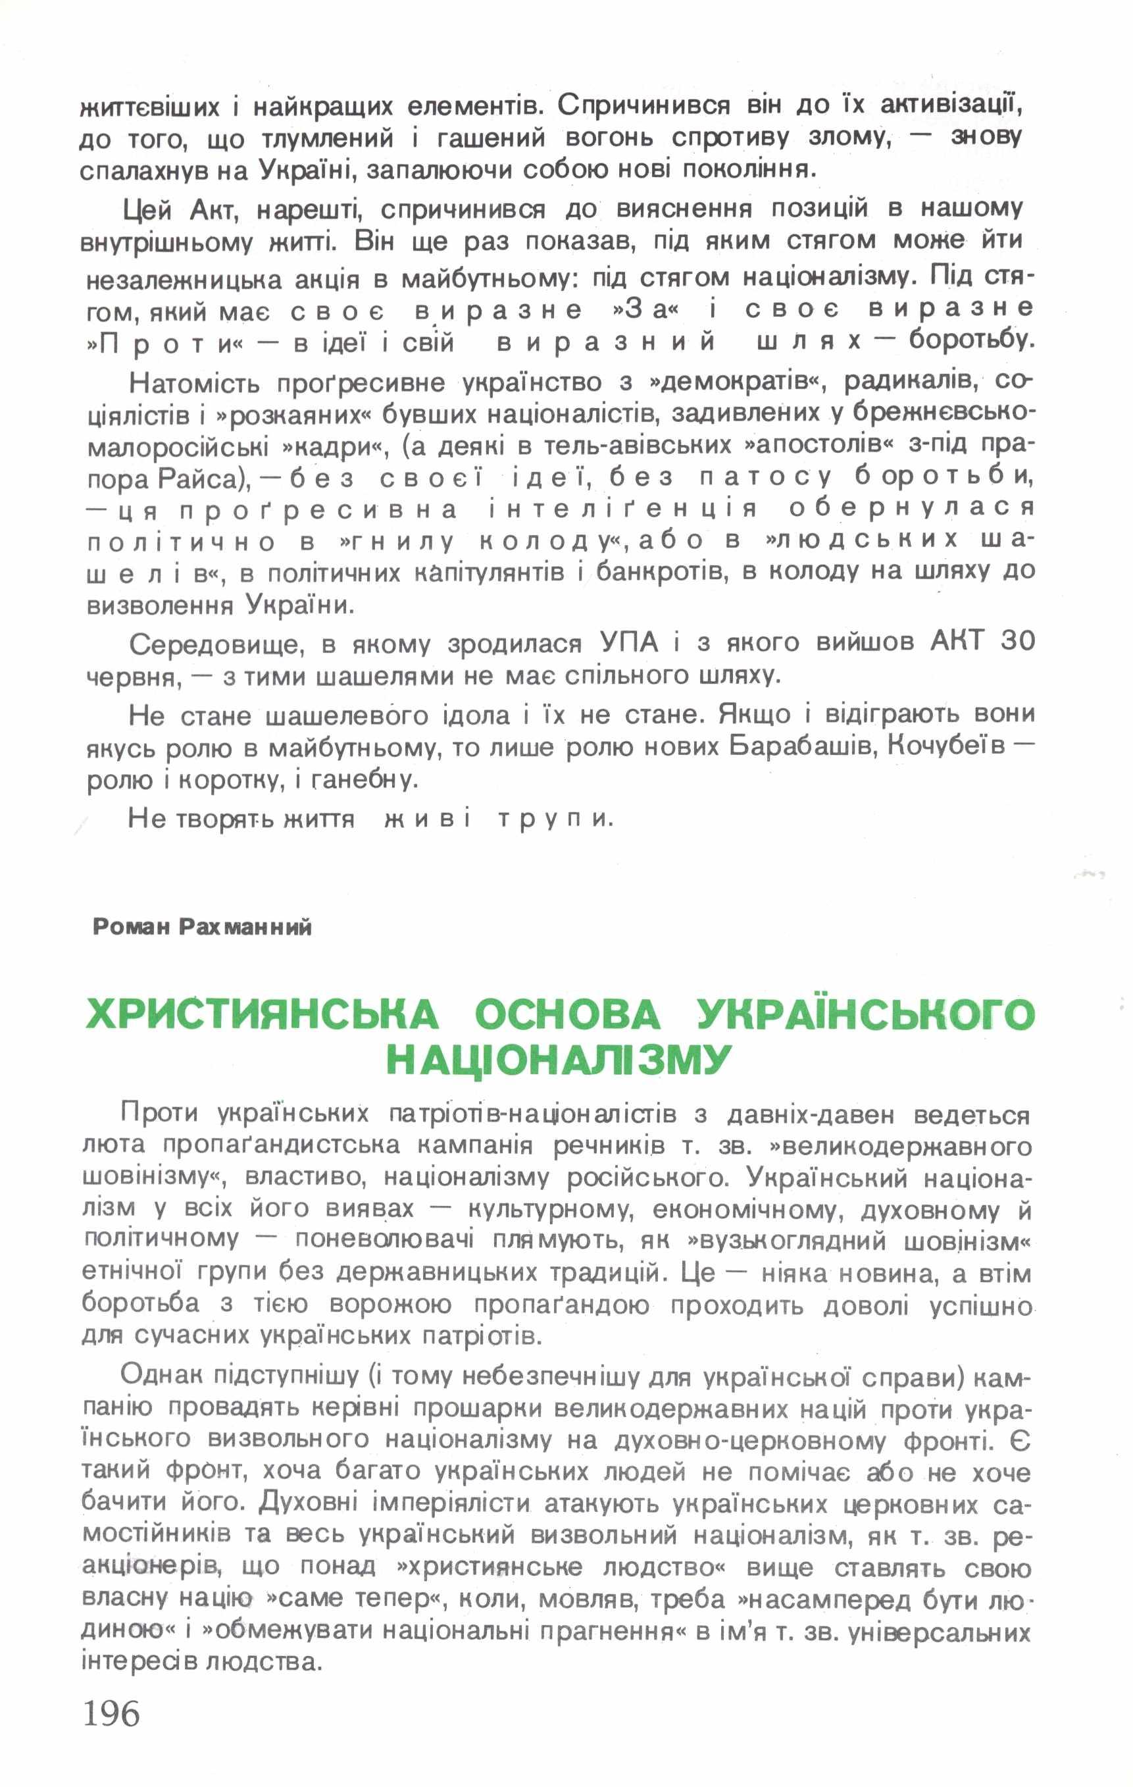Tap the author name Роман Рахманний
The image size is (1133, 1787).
[202, 927]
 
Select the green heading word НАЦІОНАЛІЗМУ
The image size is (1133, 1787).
[559, 1060]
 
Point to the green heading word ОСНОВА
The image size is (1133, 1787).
[567, 1014]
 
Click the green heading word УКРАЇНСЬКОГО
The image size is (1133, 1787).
[865, 1014]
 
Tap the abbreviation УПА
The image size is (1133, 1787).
[628, 642]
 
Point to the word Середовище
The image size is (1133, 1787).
[216, 644]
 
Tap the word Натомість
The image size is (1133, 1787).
[194, 384]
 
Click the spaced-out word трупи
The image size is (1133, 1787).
[555, 819]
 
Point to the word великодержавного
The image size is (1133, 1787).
[901, 1146]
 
